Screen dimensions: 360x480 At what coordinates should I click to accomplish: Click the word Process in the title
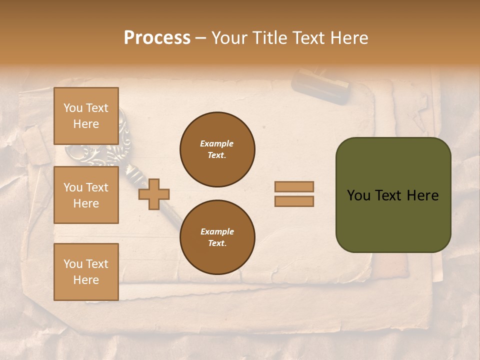[157, 38]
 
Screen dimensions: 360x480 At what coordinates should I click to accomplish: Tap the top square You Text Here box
[86, 116]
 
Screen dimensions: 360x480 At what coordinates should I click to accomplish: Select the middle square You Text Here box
[86, 195]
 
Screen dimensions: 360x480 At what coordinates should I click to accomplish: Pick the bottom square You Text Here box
[86, 272]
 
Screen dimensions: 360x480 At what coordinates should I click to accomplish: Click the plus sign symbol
[154, 194]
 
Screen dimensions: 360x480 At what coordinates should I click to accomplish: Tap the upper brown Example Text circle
[217, 149]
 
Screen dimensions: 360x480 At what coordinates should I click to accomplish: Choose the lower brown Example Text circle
[217, 237]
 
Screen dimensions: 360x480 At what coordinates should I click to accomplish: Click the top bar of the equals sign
[294, 187]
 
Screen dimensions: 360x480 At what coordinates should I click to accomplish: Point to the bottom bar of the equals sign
[294, 201]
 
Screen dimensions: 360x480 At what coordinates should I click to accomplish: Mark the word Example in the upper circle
[217, 143]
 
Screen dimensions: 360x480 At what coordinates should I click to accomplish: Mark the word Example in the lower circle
[217, 231]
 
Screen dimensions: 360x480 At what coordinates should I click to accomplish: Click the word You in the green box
[358, 195]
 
